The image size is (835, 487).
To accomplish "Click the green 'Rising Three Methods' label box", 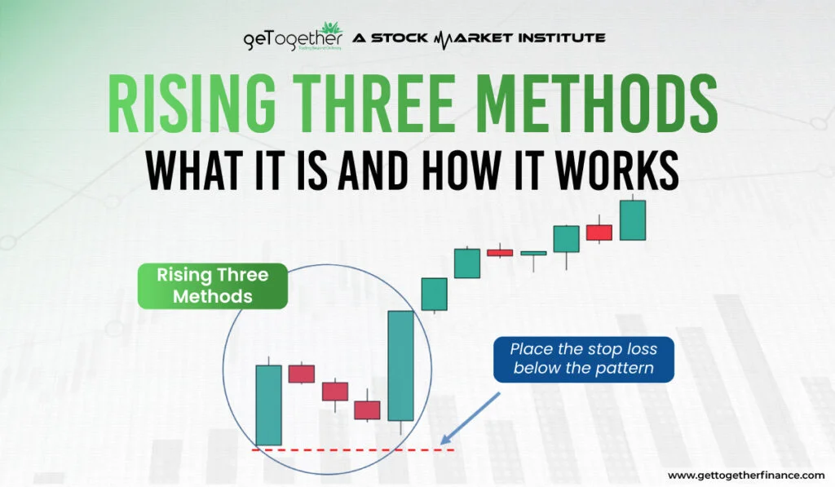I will click(x=213, y=286).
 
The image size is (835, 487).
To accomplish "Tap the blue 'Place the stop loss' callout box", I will click(x=584, y=359).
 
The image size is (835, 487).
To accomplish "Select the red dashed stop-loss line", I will click(x=351, y=449).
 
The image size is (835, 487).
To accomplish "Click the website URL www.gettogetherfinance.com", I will click(x=745, y=475).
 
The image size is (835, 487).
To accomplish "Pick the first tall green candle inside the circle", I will click(x=268, y=405).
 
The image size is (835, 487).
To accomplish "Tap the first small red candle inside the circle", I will click(x=301, y=374).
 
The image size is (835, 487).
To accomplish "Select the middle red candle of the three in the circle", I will click(x=335, y=391).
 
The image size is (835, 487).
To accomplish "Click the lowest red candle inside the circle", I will click(x=367, y=410).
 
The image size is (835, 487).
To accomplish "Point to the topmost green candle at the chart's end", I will click(x=632, y=220).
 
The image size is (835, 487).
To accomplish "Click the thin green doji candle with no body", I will click(x=533, y=254).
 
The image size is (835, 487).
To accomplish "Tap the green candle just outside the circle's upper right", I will click(x=434, y=294).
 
